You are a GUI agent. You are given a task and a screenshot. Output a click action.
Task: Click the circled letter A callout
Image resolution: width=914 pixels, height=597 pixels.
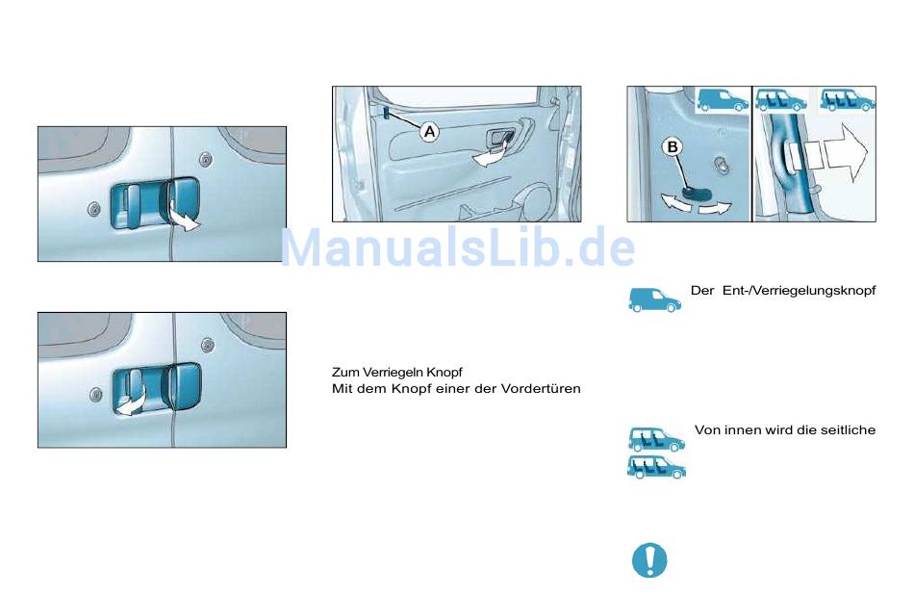[x=430, y=132]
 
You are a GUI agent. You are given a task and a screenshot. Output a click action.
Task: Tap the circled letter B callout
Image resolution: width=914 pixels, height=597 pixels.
[x=673, y=147]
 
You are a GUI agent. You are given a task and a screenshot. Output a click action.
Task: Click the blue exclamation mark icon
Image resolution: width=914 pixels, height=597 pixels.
[x=649, y=559]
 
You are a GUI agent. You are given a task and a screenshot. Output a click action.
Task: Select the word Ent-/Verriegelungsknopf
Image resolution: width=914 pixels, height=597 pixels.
[x=799, y=291]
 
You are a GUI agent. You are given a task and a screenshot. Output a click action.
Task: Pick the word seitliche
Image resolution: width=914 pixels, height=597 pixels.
[x=848, y=430]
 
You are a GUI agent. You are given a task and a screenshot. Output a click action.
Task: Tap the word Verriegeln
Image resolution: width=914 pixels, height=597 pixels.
[x=393, y=373]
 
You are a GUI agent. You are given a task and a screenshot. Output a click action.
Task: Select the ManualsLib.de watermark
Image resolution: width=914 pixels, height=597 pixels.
[x=458, y=247]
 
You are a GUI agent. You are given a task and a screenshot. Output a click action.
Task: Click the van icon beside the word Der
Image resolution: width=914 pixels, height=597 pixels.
[x=654, y=300]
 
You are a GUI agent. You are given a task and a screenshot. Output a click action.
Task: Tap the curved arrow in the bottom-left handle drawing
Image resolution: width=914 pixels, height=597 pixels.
[x=131, y=403]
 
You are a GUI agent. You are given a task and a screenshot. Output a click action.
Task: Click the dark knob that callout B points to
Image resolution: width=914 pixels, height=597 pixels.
[x=696, y=194]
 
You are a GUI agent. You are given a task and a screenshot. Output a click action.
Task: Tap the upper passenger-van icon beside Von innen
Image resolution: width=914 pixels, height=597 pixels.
[x=657, y=439]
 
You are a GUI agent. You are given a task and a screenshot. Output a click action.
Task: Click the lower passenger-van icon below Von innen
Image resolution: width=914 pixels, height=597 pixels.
[x=656, y=467]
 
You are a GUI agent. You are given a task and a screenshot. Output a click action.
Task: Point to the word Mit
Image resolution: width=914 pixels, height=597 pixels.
[x=341, y=389]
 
